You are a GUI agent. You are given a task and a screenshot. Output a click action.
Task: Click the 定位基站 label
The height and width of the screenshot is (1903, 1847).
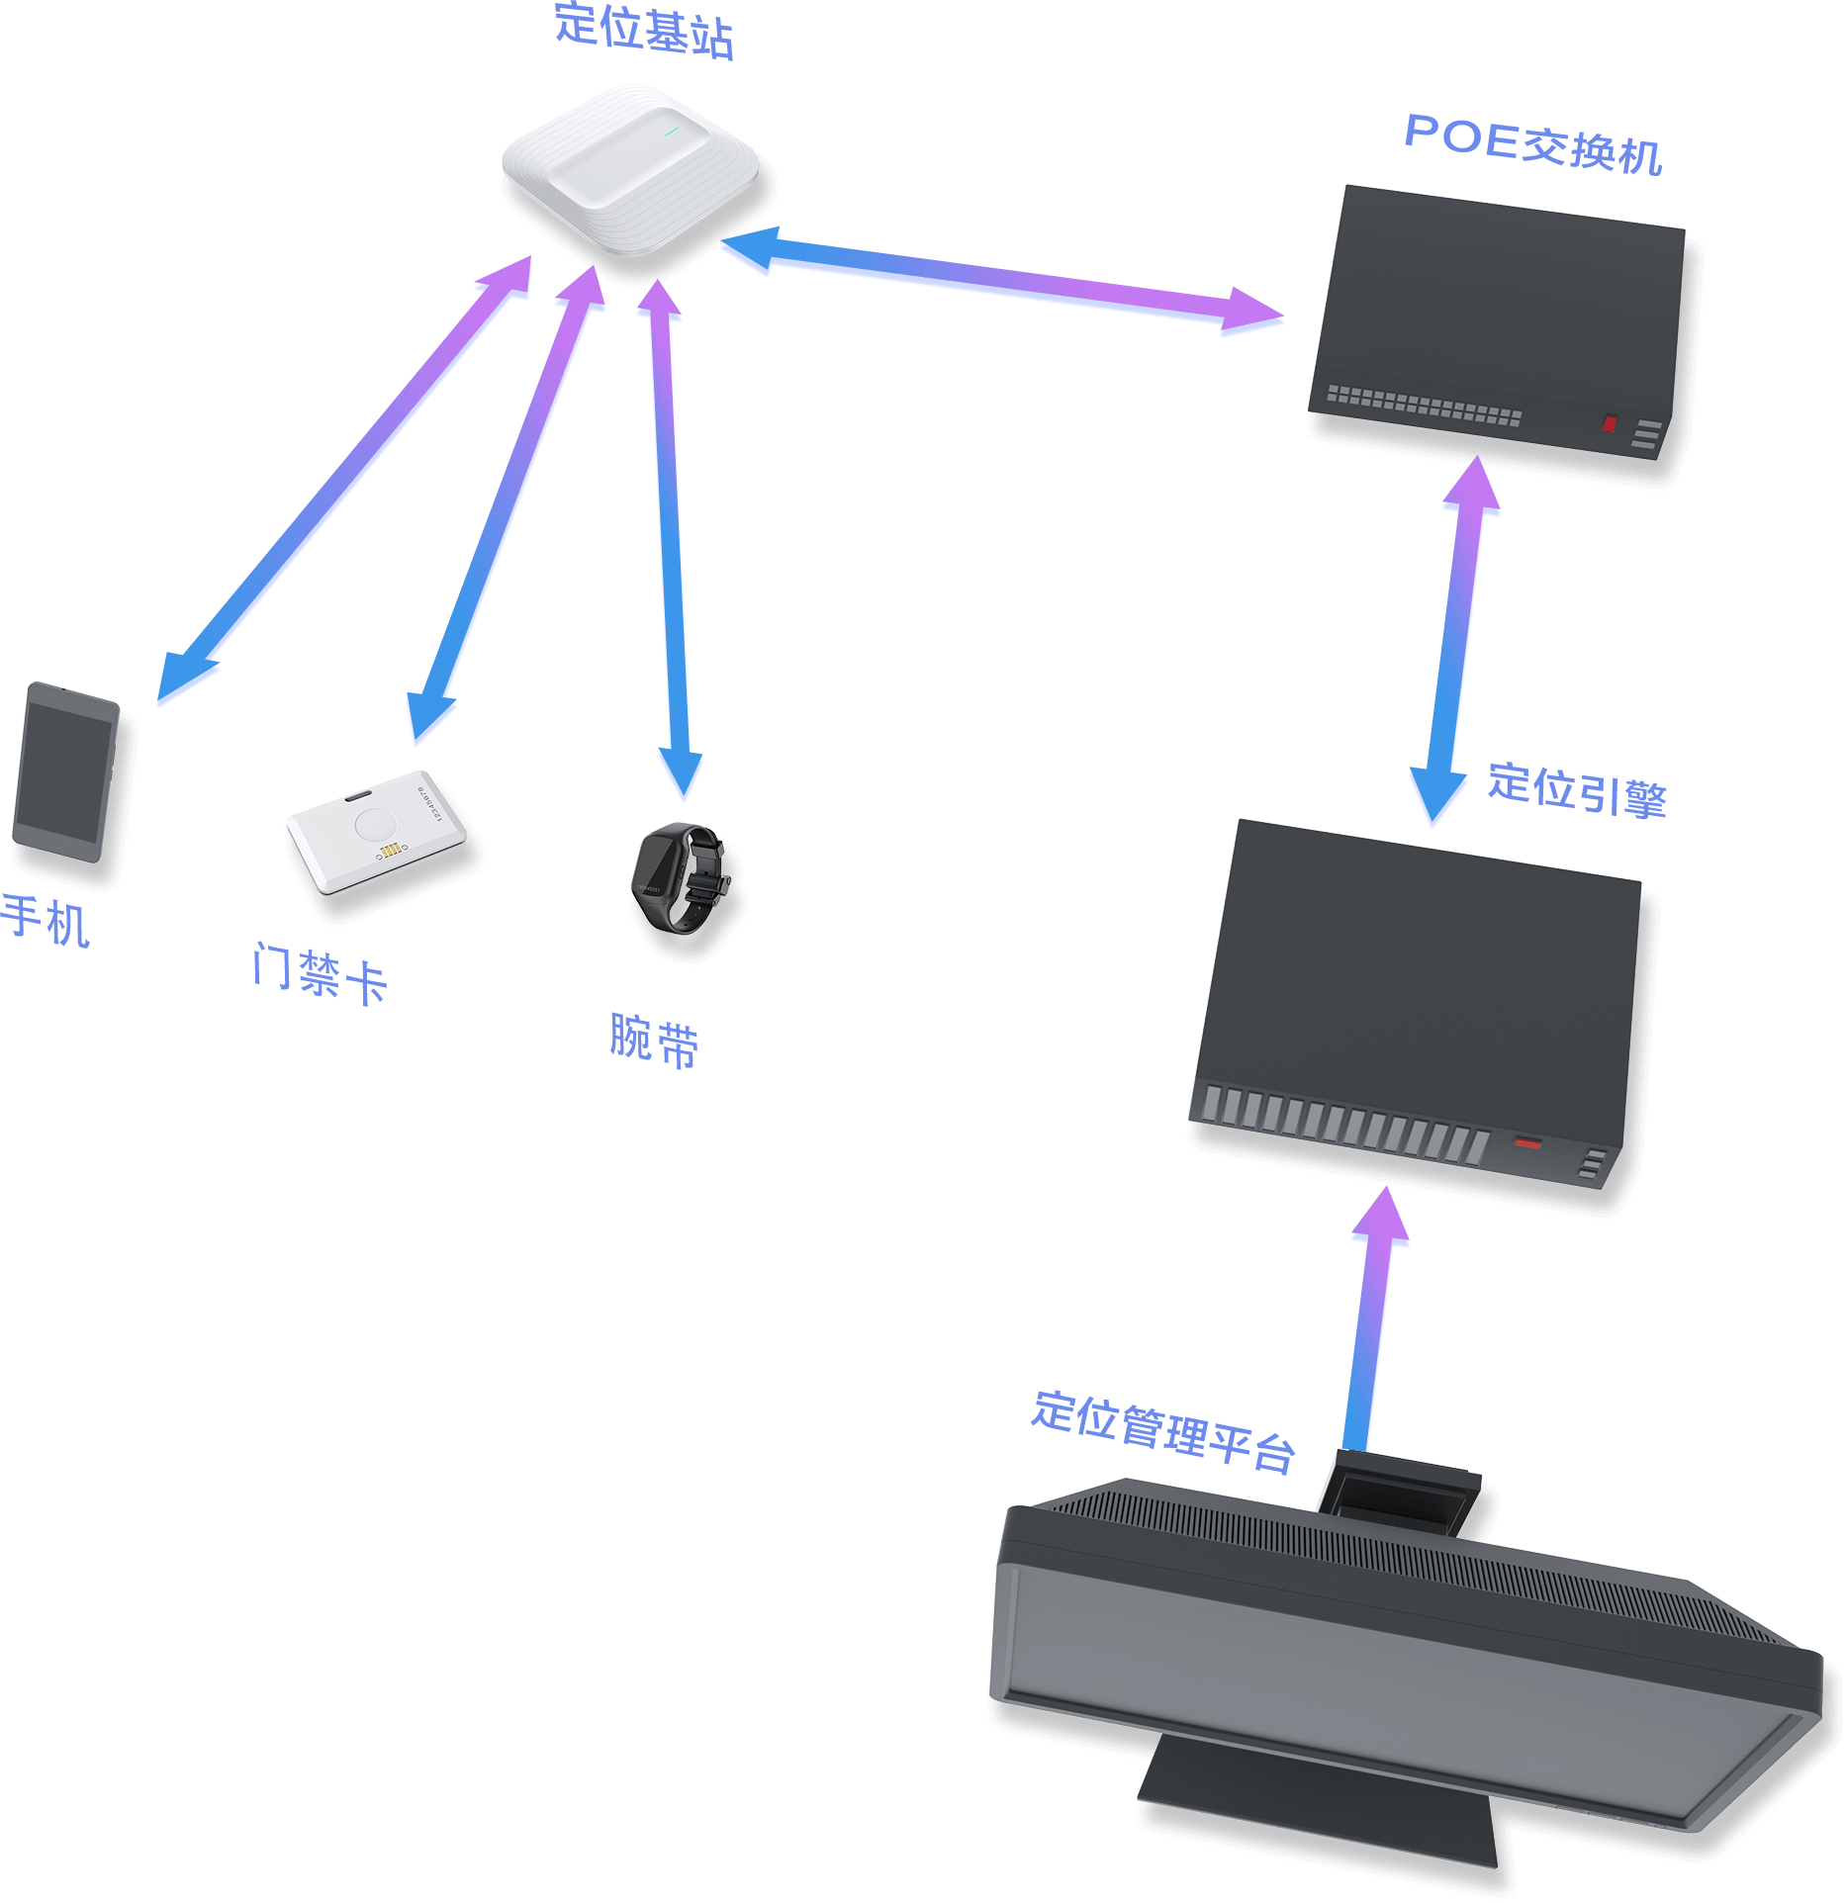coord(643,31)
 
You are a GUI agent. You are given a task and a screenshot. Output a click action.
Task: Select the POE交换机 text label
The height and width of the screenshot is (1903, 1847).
coord(1532,143)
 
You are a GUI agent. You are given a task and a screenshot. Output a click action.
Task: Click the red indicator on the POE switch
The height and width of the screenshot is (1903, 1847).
coord(1610,424)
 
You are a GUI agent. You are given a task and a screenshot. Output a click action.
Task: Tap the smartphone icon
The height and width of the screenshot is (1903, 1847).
coord(66,772)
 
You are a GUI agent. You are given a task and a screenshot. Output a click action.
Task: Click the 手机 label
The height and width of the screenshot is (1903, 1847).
coord(46,920)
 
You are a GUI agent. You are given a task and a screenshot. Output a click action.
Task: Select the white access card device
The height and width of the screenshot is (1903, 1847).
coord(376,832)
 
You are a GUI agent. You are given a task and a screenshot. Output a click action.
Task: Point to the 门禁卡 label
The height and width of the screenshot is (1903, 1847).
coord(319,973)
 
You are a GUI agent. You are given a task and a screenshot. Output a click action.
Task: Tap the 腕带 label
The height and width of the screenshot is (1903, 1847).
coord(654,1040)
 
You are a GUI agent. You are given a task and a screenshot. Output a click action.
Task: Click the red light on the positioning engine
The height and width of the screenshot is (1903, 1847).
coord(1528,1144)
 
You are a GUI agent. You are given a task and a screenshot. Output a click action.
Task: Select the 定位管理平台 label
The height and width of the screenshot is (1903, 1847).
coord(1163,1430)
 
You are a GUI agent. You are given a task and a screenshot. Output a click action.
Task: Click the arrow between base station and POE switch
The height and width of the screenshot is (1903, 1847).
coord(999,278)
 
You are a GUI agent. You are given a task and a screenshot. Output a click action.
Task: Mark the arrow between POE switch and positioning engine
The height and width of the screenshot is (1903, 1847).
coord(1455,643)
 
